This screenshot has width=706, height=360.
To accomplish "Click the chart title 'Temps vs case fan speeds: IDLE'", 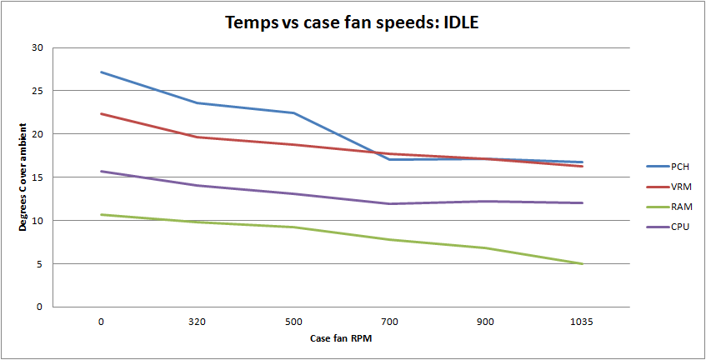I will pyautogui.click(x=352, y=22).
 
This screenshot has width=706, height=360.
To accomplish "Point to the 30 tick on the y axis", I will pyautogui.click(x=37, y=47).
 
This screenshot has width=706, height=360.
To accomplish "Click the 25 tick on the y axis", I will pyautogui.click(x=37, y=91).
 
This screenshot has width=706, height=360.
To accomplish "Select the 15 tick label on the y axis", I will pyautogui.click(x=37, y=177).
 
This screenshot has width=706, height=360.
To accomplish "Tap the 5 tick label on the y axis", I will pyautogui.click(x=39, y=264).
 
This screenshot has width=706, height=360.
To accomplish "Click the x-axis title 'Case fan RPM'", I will pyautogui.click(x=340, y=338).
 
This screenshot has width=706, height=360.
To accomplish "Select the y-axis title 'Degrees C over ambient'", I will pyautogui.click(x=23, y=177).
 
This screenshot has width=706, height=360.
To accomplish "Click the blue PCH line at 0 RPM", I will pyautogui.click(x=101, y=72).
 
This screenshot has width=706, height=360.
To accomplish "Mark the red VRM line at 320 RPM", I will pyautogui.click(x=197, y=137).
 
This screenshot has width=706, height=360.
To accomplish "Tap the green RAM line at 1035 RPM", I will pyautogui.click(x=581, y=263).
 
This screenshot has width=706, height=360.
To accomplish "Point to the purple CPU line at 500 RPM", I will pyautogui.click(x=293, y=193).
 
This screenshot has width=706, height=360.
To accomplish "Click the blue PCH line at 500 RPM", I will pyautogui.click(x=293, y=112).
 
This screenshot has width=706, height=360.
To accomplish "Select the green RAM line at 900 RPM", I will pyautogui.click(x=485, y=247).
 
